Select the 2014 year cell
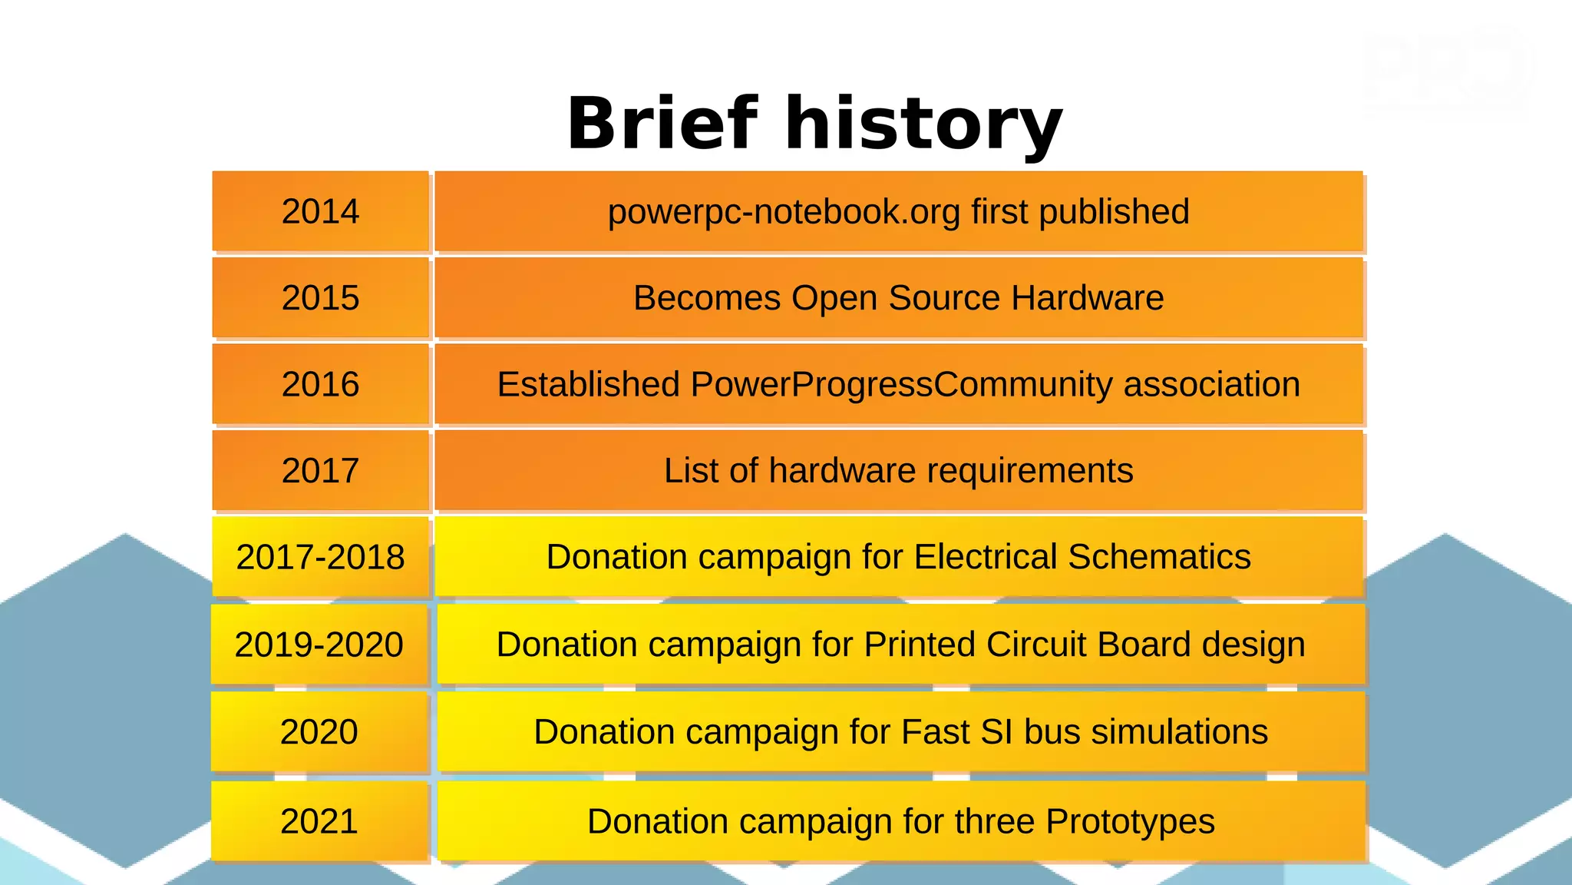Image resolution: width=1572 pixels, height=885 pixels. (320, 211)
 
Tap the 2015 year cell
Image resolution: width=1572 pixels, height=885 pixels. (320, 297)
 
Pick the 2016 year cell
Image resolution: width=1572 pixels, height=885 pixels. (320, 384)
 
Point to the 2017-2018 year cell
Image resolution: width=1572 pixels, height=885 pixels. (320, 557)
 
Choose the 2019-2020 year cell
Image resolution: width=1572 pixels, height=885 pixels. (319, 645)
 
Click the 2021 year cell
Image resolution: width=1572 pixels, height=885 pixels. (319, 821)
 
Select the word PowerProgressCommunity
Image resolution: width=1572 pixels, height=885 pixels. (901, 385)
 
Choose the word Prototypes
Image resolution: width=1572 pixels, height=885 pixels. (1130, 822)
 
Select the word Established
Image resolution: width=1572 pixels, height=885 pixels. (588, 384)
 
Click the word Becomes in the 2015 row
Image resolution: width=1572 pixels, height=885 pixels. (706, 297)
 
